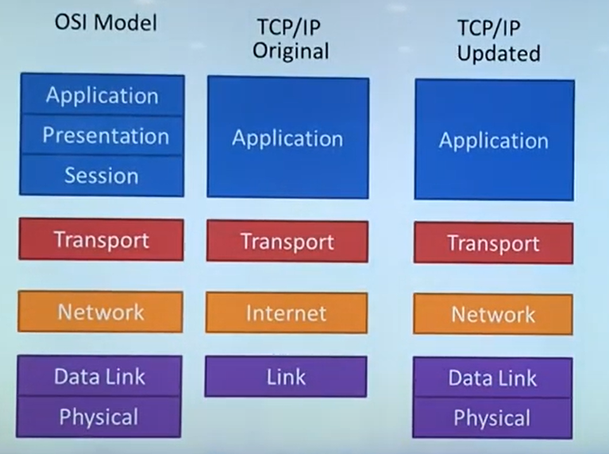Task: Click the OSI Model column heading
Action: point(105,22)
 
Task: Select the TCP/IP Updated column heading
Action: point(498,41)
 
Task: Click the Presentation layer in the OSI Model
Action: point(102,135)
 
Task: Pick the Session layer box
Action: point(102,176)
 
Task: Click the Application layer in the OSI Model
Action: point(102,95)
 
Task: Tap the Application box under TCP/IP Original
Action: point(287,138)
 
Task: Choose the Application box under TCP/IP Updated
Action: point(494,141)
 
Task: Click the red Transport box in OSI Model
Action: point(101,239)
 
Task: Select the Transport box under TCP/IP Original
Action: point(287,241)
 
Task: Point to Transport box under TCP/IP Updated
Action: point(493,243)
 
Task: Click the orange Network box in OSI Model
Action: point(101,311)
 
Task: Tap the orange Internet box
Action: point(286,312)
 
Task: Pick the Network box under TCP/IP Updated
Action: point(493,315)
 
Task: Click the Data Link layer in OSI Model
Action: point(100,376)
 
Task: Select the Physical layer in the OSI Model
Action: point(99,417)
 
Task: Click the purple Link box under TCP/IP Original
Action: point(286,377)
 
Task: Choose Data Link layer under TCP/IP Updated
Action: point(492,378)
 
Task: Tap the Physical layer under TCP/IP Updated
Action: point(492,418)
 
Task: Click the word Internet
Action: point(286,312)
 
